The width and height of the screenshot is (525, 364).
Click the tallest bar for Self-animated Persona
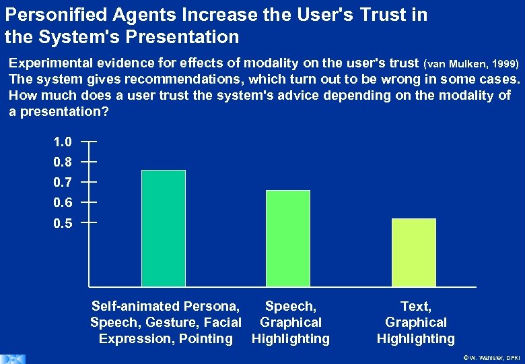coord(164,229)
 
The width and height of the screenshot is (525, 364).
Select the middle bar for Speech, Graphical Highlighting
coord(288,239)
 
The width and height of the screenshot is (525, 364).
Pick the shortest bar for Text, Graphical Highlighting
coord(413,253)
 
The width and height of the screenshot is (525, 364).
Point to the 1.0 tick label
coord(63,142)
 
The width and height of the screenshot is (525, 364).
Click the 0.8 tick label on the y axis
coord(63,162)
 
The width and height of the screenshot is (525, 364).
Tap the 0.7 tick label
coord(63,183)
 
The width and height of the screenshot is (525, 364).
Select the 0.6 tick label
coord(63,203)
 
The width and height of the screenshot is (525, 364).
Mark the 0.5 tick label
coord(63,223)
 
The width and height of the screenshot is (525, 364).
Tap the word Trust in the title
coord(352,15)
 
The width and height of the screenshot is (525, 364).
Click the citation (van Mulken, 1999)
coord(471,64)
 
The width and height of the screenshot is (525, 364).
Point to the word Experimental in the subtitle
coord(53,63)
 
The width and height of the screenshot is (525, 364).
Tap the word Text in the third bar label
coord(415,307)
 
